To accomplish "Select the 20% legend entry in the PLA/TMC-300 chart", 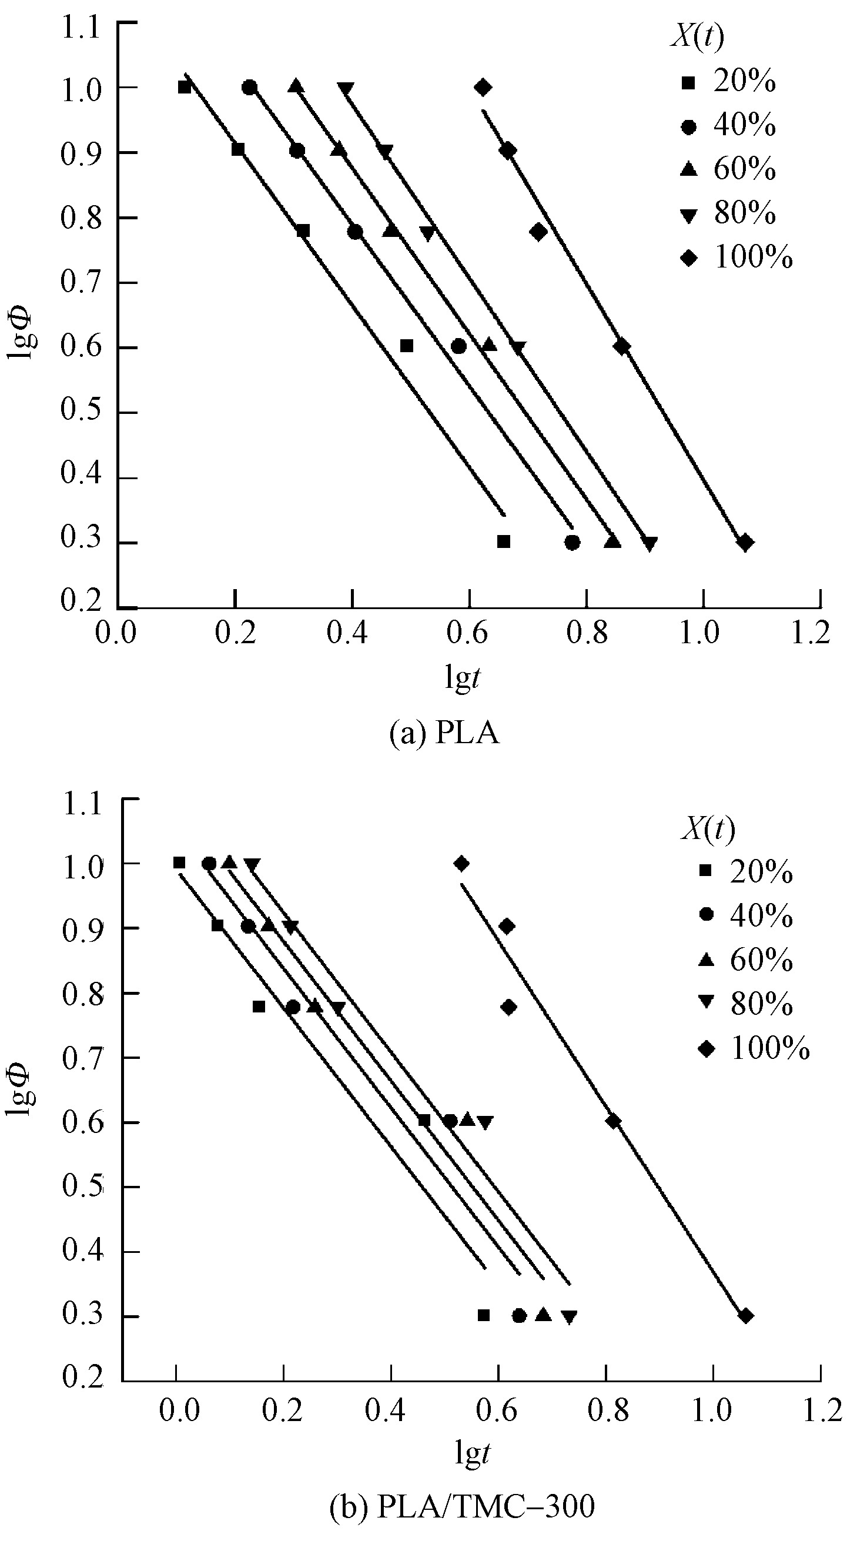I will (x=748, y=871).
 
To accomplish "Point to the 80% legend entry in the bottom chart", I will (x=748, y=1003).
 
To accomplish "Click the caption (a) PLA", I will (x=444, y=732).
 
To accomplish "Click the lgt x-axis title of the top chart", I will (x=463, y=678).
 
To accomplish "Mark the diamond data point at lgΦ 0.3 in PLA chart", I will (x=745, y=543).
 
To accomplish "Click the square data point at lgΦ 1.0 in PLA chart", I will (x=184, y=88).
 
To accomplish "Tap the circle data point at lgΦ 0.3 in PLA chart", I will (x=573, y=543).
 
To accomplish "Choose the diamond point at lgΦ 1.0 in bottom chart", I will (x=461, y=863).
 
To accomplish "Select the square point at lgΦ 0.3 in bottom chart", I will (x=484, y=1315).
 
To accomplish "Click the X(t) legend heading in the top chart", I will (x=697, y=37).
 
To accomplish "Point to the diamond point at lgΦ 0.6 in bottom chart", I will (x=612, y=1121).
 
